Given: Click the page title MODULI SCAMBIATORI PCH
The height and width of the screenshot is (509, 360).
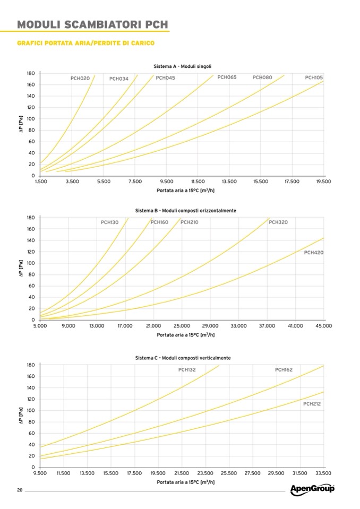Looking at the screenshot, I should click(x=93, y=24).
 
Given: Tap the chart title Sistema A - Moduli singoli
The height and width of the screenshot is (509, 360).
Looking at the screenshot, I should click(x=183, y=66).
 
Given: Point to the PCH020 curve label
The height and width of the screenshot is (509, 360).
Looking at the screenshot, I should click(x=80, y=78).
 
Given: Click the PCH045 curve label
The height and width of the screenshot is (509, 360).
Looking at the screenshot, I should click(x=165, y=78).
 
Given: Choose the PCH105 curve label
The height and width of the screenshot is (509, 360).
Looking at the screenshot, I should click(x=314, y=77).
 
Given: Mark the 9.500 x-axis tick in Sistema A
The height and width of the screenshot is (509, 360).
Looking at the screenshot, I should click(x=166, y=182).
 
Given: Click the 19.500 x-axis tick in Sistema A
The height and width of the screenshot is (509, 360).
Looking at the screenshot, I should click(x=323, y=182).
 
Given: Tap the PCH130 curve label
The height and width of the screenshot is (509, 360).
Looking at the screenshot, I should click(x=110, y=222).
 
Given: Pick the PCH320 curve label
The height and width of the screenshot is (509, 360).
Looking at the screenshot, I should click(x=278, y=222).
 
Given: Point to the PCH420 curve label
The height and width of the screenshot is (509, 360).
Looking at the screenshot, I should click(x=314, y=253).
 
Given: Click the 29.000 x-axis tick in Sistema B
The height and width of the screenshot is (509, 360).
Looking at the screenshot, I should click(x=210, y=326).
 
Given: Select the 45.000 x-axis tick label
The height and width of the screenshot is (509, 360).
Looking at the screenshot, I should click(x=323, y=326).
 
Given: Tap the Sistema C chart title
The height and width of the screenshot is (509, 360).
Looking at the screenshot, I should click(x=183, y=358).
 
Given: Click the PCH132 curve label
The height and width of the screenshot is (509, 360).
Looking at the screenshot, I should click(x=187, y=369).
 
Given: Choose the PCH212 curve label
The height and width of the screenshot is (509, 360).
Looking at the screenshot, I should click(x=312, y=404).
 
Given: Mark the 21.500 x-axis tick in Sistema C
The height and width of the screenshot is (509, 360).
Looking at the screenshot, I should click(x=182, y=473).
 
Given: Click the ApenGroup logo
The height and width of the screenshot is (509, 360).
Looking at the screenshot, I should click(x=312, y=489).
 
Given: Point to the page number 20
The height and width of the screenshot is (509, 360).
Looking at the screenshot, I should click(x=20, y=489).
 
